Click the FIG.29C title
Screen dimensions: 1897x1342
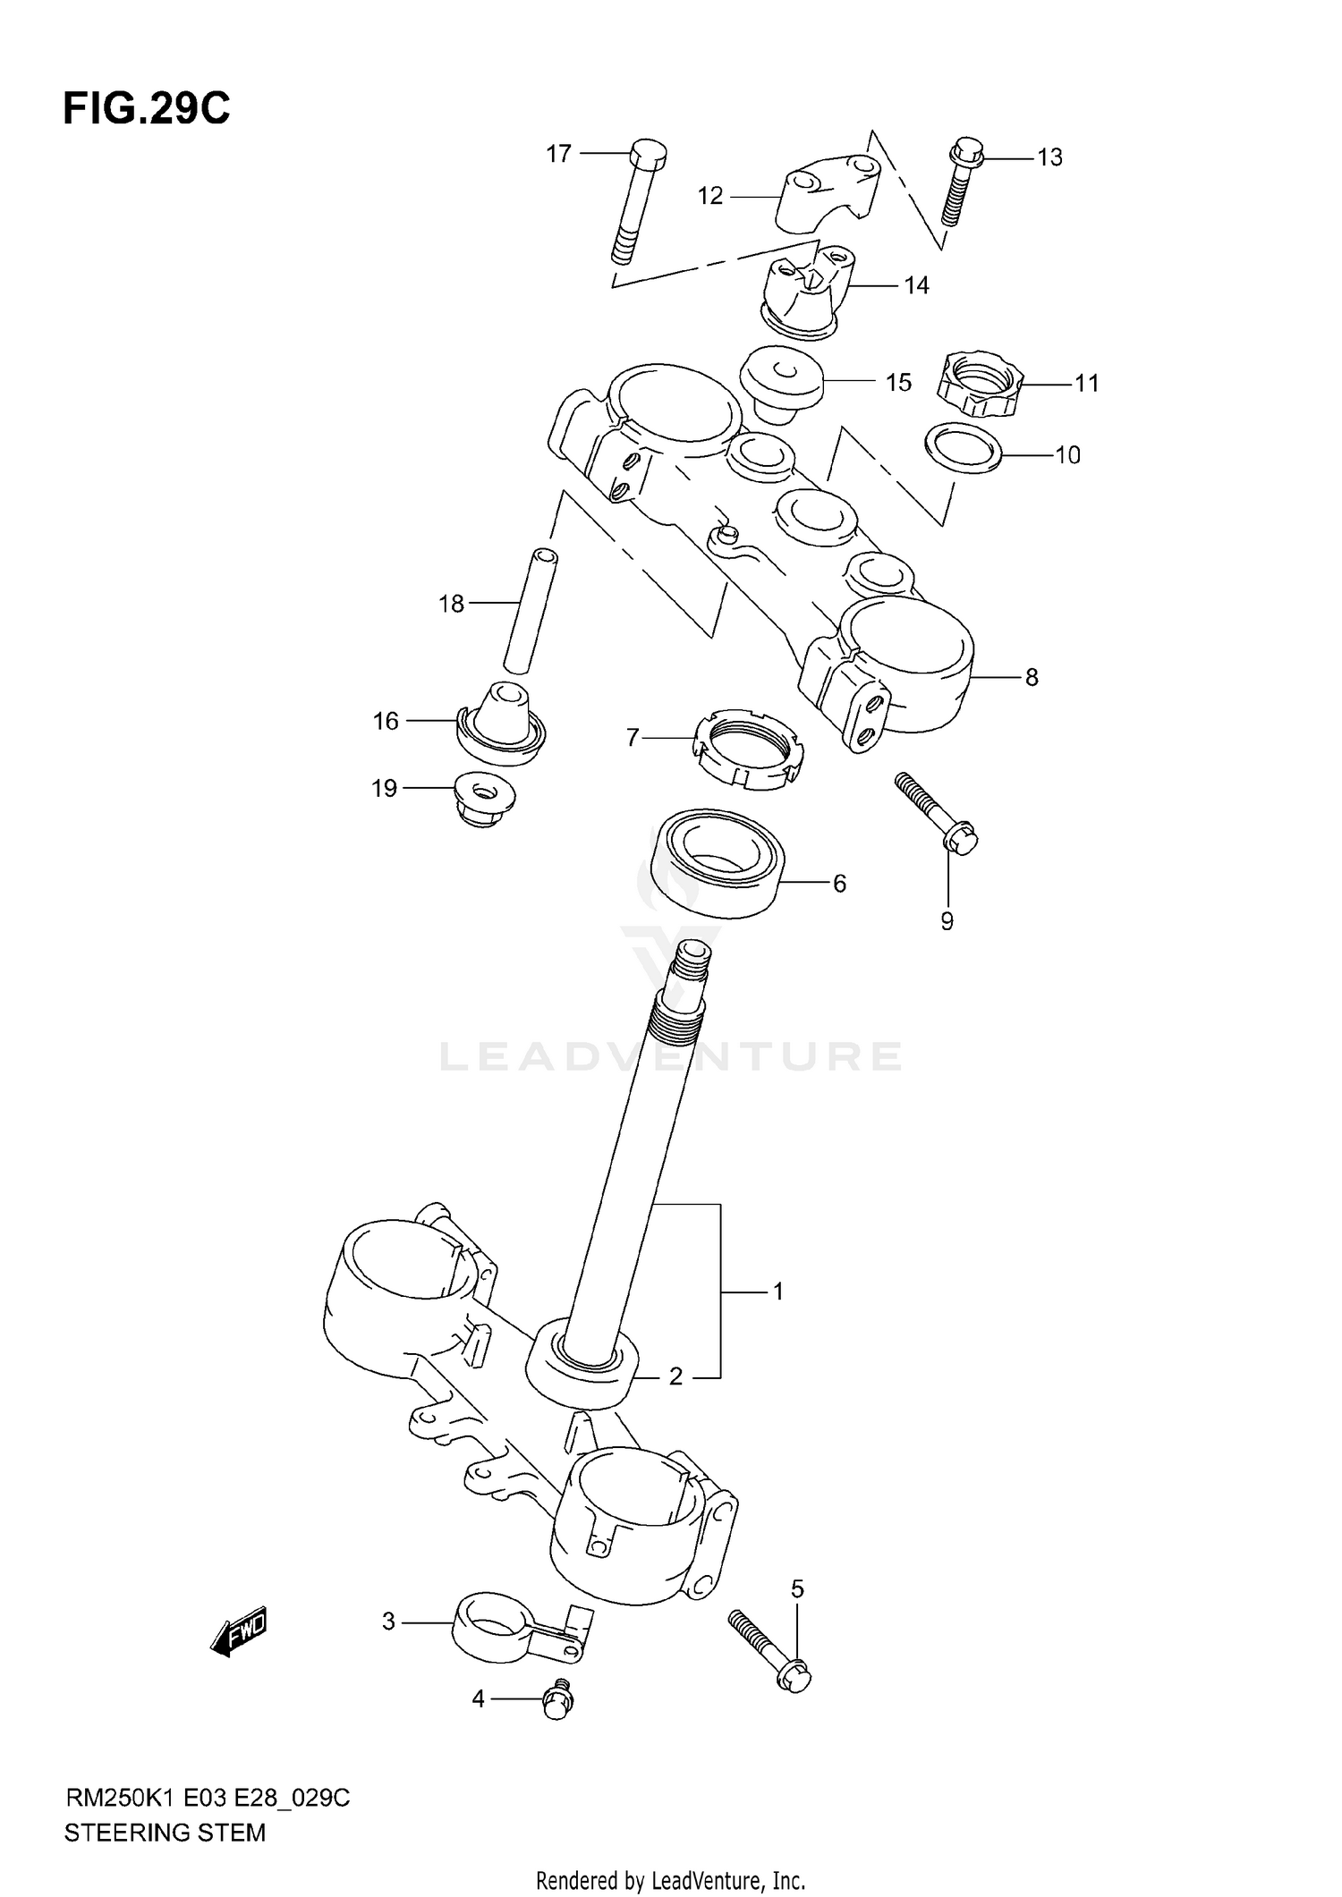point(146,108)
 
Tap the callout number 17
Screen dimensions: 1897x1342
point(558,154)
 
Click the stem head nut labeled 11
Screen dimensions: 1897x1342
point(980,384)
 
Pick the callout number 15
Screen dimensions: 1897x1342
point(897,383)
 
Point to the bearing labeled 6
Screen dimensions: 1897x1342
point(717,864)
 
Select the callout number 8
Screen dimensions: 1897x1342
point(1031,677)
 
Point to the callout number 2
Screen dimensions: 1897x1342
point(675,1376)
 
